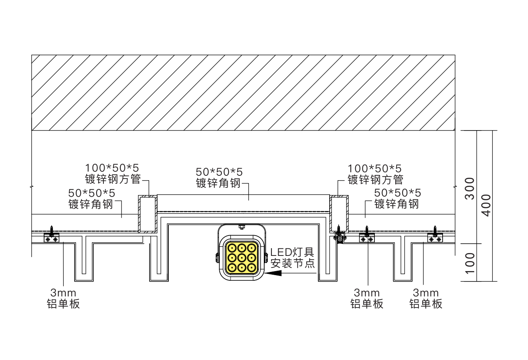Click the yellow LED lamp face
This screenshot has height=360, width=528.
[x=242, y=258]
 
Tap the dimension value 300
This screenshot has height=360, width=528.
[x=469, y=189]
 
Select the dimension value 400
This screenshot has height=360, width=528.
[x=486, y=205]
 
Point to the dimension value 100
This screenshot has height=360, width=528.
[x=469, y=263]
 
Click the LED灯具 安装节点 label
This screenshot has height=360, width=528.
[x=292, y=257]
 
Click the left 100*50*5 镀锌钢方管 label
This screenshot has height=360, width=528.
[x=113, y=174]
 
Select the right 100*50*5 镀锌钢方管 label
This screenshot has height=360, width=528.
[x=375, y=174]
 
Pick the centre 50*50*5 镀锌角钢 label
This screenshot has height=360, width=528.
[x=219, y=178]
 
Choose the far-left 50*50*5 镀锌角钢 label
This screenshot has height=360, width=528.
[x=91, y=199]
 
